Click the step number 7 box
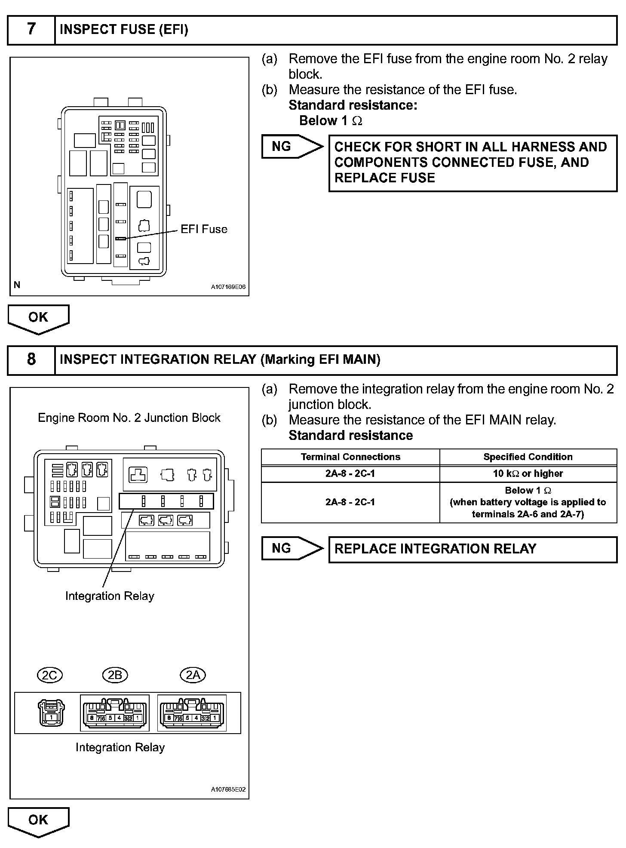(31, 29)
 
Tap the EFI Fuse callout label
(204, 229)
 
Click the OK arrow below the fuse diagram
(38, 318)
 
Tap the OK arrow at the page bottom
(38, 820)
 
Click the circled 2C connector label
(50, 675)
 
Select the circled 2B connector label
(115, 675)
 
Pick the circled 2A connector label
(193, 675)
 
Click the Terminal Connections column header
(350, 457)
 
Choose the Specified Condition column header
(528, 457)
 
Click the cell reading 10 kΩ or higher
(528, 473)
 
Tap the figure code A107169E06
(228, 287)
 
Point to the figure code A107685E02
(228, 790)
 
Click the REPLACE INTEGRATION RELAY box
(473, 549)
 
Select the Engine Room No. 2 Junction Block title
(129, 418)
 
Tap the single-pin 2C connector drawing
(51, 713)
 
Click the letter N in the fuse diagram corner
(17, 285)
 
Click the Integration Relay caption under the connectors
(120, 747)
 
